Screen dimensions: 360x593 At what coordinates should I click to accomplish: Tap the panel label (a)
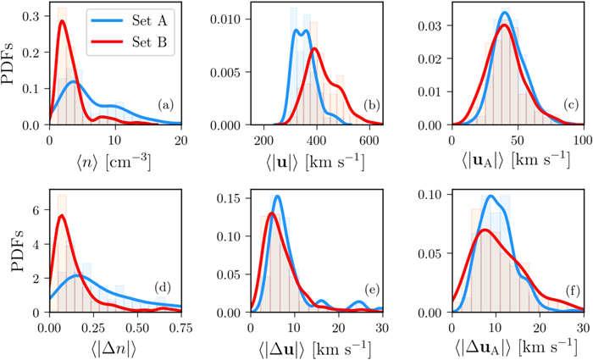point(166,106)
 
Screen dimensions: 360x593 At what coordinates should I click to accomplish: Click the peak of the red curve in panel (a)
point(62,22)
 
